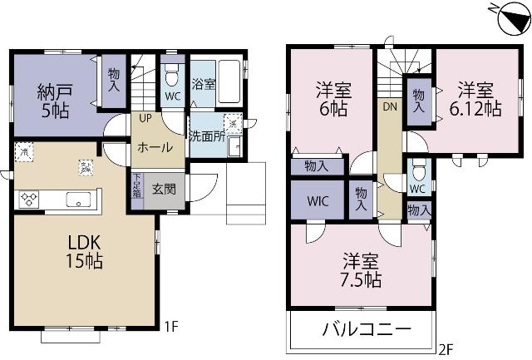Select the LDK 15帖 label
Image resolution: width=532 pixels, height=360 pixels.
[85, 251]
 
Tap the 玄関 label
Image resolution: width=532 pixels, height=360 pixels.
[163, 189]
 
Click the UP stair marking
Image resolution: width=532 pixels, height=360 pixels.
[145, 118]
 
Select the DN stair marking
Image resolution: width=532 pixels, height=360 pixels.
[389, 107]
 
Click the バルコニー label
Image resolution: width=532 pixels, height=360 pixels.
[366, 330]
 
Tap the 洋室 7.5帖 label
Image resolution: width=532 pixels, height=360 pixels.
[359, 269]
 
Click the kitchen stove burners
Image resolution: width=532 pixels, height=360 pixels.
[30, 199]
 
